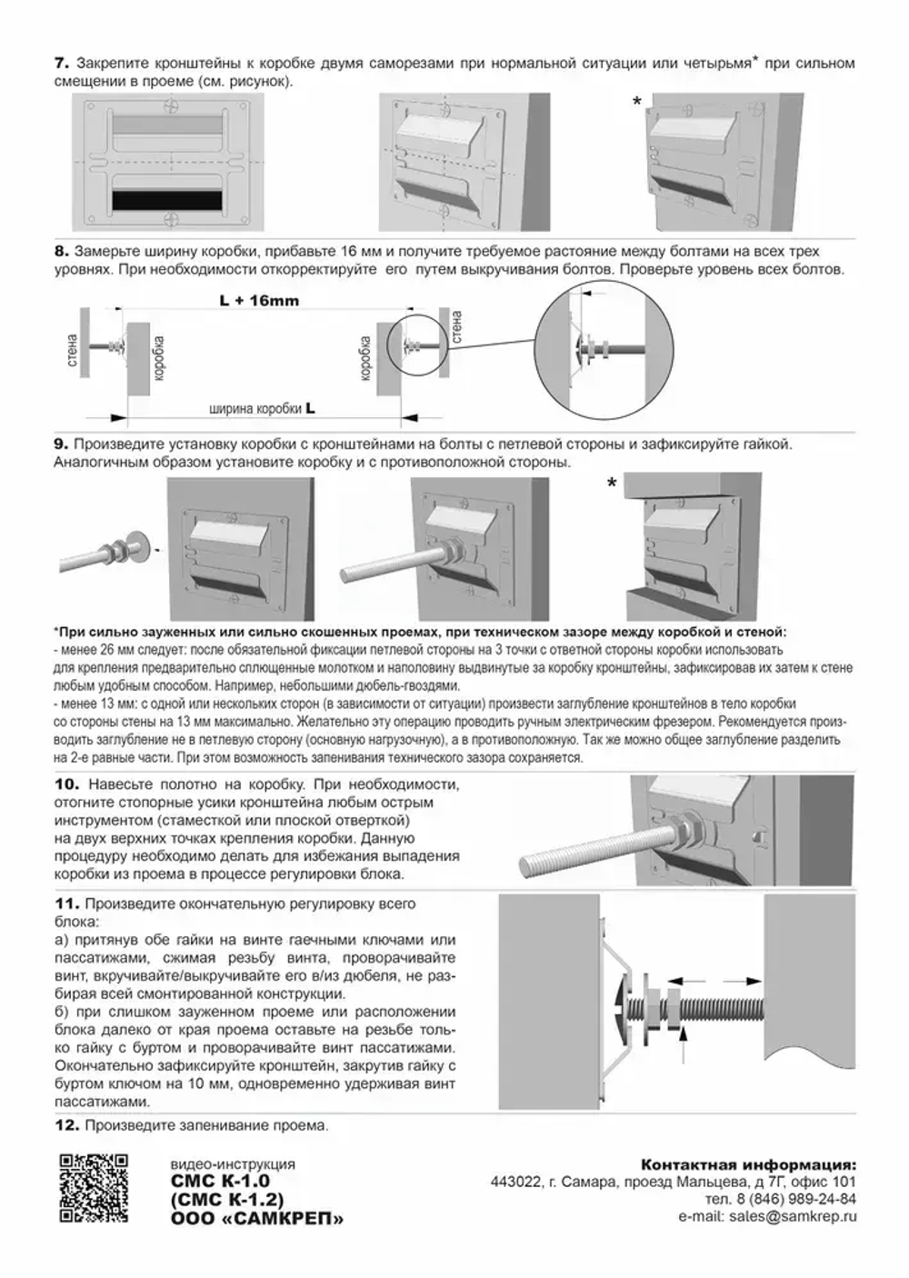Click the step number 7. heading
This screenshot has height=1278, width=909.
[x=62, y=64]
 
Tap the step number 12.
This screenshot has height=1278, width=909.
[x=67, y=1125]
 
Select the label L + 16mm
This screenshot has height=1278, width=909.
[x=259, y=301]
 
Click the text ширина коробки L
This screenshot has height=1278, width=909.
[x=262, y=409]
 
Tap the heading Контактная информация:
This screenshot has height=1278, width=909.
[x=748, y=1164]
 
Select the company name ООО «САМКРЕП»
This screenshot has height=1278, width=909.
[x=257, y=1219]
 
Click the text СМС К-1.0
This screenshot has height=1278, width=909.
[x=220, y=1182]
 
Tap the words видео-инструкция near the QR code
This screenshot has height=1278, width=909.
[x=233, y=1164]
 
